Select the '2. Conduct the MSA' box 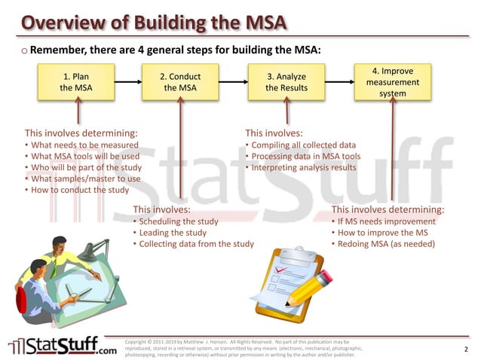(x=180, y=82)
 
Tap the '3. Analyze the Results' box (x=286, y=82)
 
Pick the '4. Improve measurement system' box (x=393, y=82)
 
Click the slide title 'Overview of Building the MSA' (x=154, y=20)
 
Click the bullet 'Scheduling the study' (x=178, y=221)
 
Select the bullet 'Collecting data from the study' (x=196, y=244)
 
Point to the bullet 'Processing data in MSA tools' (x=306, y=156)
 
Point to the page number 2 (x=466, y=349)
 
